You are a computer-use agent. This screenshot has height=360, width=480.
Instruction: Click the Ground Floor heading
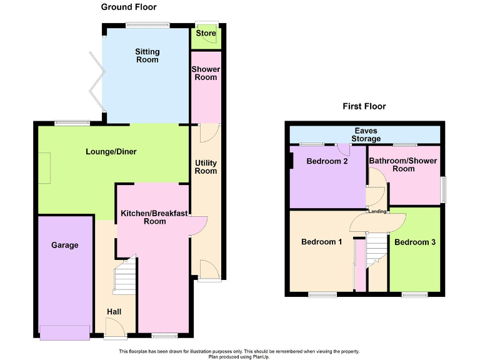129,7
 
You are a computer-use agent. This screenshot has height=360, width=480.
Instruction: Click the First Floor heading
364,106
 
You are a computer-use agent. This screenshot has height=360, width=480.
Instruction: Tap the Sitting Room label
147,56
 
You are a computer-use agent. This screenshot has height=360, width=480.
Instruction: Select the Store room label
206,34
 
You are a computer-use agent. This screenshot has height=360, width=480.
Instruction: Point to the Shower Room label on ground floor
206,73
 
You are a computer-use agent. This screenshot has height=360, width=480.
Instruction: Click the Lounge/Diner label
111,152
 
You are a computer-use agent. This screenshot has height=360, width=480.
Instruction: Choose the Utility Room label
206,167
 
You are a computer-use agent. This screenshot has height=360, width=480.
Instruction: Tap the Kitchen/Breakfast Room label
154,217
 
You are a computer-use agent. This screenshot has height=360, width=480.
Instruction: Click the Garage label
65,245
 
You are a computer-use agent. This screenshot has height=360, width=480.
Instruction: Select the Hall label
114,312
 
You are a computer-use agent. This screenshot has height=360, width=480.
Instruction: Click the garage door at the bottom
65,332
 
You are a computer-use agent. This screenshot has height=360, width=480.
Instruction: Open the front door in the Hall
114,327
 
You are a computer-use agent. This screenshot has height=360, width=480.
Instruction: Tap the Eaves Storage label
364,134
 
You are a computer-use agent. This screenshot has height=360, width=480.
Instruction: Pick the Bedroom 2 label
327,161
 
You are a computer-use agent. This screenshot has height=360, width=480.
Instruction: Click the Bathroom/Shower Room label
403,165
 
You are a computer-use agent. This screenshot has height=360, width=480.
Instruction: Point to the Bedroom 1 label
321,242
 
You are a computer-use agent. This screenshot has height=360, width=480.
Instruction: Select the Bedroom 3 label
415,242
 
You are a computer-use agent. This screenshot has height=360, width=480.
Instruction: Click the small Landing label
377,211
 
